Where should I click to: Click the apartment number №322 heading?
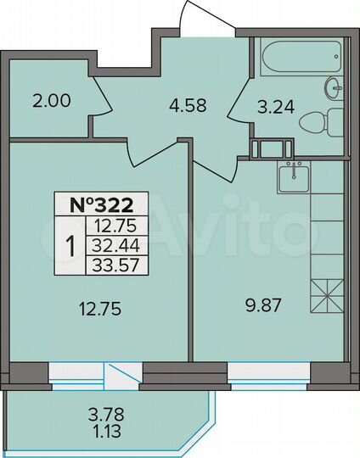coord(101,204)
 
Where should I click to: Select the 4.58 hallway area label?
coord(186,106)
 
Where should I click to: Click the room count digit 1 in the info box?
coord(71,246)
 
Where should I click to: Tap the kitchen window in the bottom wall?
coord(270,371)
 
